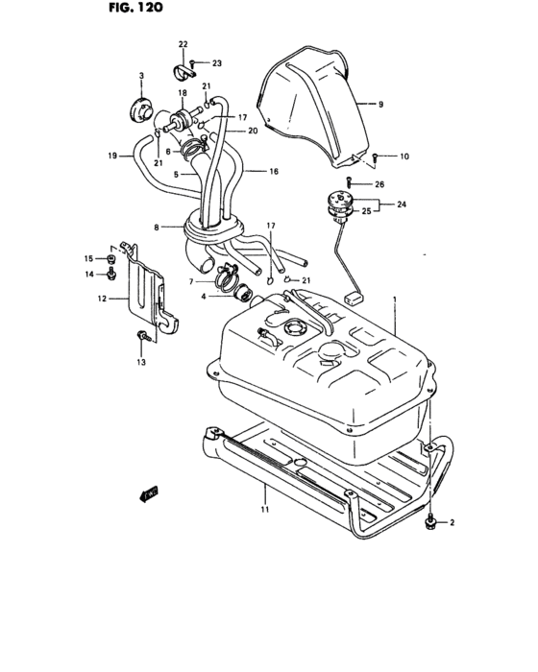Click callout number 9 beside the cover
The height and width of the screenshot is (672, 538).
380,103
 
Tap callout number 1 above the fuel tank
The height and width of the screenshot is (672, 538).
394,301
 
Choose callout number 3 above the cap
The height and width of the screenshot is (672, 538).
141,76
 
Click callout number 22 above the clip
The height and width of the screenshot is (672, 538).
183,45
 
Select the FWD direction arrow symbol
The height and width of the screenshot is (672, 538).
148,495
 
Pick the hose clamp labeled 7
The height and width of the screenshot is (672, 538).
225,279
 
